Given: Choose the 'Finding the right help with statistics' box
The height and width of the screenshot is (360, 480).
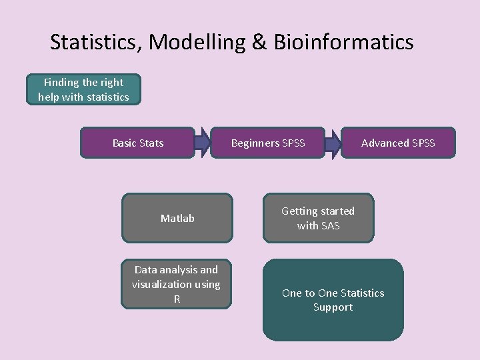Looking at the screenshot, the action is (83, 90).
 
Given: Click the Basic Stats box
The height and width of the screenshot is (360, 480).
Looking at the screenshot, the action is (137, 143).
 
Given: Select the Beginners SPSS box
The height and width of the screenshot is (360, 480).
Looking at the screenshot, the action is (267, 143).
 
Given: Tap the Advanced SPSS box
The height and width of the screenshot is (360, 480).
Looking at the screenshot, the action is (398, 143).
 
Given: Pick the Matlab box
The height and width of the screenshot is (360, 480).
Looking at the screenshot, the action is (177, 218).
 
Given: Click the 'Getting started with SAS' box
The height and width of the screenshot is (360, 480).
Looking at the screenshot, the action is (318, 218).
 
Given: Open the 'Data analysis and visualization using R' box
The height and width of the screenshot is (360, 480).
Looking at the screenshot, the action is (176, 285).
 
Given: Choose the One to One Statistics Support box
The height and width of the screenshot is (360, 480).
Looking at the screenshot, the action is (333, 300).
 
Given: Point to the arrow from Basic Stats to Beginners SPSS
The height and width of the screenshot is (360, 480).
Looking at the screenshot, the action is (202, 143).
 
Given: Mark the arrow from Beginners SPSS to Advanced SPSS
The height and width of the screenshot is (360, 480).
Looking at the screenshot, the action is (333, 143).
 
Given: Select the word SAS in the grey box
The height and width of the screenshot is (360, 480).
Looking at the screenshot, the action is (331, 226).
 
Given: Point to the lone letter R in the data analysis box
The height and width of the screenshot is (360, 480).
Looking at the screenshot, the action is (177, 299).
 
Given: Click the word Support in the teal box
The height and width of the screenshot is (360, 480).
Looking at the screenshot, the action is (333, 307).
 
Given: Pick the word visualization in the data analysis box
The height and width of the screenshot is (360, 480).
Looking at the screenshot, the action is (167, 285).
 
